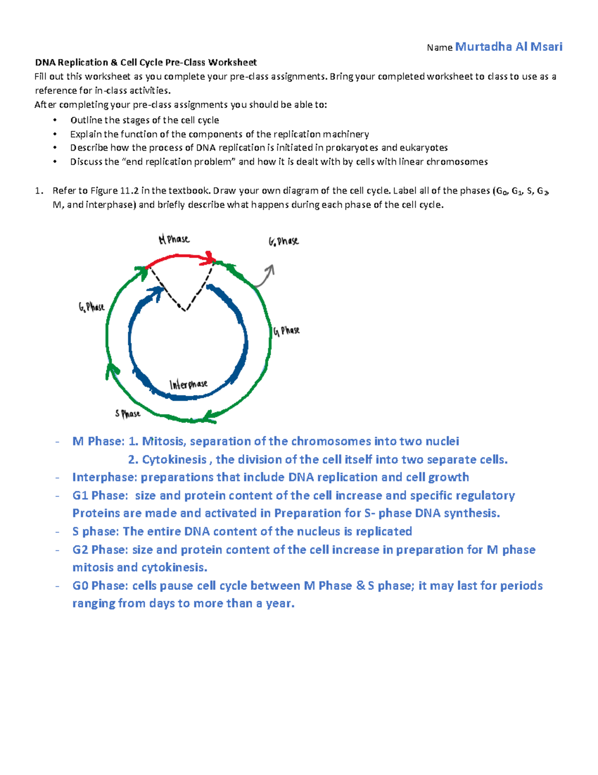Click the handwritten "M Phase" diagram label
click(174, 240)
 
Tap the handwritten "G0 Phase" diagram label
click(284, 242)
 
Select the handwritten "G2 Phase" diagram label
click(91, 307)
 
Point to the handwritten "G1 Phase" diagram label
click(287, 331)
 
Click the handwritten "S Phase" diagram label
click(128, 414)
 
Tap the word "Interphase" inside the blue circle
click(188, 384)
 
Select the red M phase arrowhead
click(209, 258)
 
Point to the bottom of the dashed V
click(185, 310)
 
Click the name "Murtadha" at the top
click(483, 47)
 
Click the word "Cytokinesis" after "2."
click(174, 460)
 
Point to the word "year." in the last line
click(280, 604)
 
